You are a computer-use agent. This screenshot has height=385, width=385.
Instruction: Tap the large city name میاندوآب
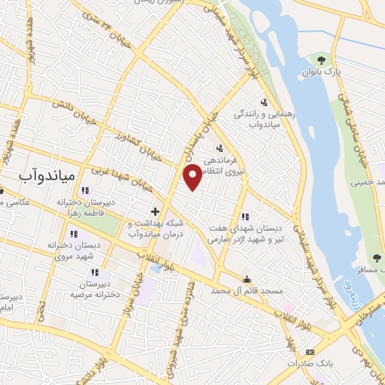click(47, 174)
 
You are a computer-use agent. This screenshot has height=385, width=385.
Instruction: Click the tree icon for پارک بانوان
click(322, 59)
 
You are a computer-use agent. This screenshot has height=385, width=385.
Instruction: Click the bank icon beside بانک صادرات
click(310, 352)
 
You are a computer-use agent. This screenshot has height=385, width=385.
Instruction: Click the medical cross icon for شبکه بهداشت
click(155, 211)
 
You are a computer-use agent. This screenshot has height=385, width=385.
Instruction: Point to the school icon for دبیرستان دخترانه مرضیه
click(94, 273)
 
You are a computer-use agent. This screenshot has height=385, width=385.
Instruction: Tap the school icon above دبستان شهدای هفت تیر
click(244, 217)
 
